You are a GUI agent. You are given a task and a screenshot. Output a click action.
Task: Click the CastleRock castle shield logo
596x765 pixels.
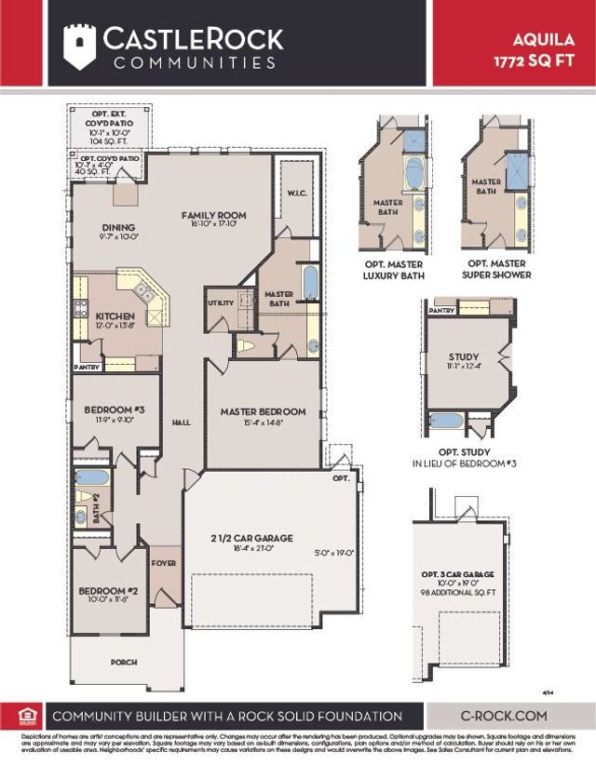(x=79, y=46)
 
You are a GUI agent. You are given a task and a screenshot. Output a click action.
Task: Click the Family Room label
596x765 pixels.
(x=212, y=215)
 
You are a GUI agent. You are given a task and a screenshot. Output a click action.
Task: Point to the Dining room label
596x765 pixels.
(x=119, y=227)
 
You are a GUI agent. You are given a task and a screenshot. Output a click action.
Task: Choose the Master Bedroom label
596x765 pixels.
(x=263, y=411)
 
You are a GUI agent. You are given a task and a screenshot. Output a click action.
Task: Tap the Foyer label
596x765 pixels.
(x=164, y=562)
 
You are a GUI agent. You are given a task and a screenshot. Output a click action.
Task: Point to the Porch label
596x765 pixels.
(x=123, y=662)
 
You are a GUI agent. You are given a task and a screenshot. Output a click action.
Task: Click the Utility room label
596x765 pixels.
(x=221, y=303)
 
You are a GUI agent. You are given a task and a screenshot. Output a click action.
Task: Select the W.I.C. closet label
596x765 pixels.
(x=298, y=195)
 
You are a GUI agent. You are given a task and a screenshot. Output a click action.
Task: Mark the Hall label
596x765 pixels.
(x=181, y=423)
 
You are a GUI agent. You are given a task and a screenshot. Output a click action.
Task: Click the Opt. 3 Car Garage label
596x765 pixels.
(x=458, y=575)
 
